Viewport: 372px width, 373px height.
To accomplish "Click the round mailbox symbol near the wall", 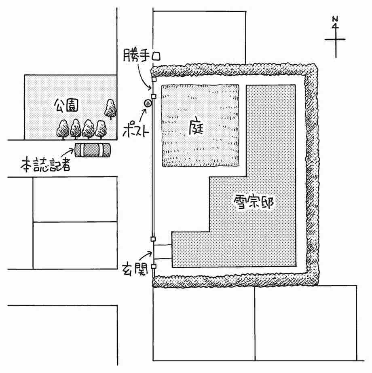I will [x=148, y=104].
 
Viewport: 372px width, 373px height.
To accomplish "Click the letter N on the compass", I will [x=335, y=19].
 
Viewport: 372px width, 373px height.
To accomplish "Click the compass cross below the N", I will [x=335, y=40].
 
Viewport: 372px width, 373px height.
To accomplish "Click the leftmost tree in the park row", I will [x=63, y=129].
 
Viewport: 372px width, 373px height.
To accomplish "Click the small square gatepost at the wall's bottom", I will [x=154, y=267].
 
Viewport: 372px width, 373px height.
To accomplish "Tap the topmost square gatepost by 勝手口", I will [x=154, y=79].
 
